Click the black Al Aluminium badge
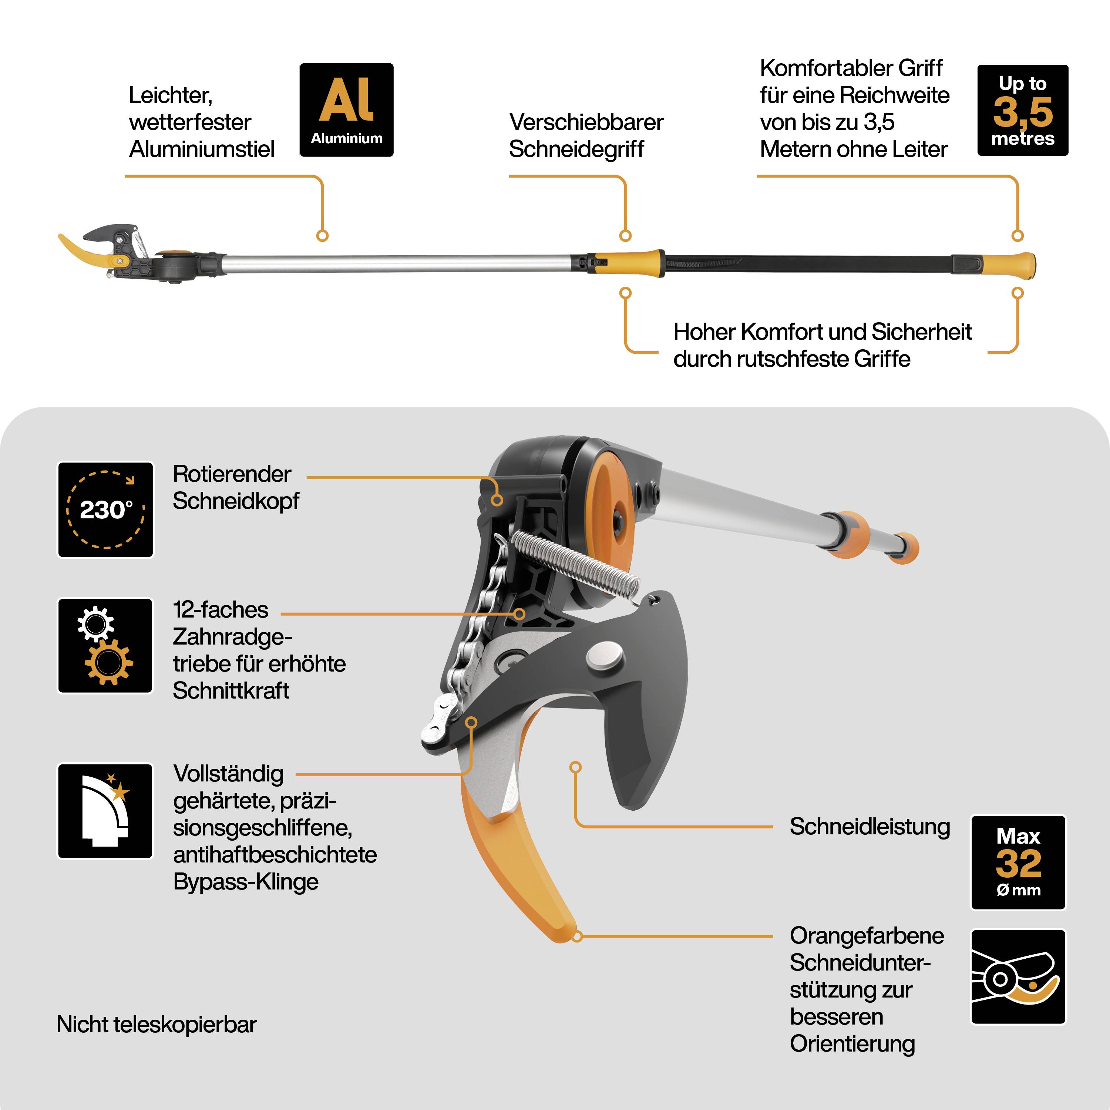pyautogui.click(x=346, y=110)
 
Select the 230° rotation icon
pyautogui.click(x=106, y=509)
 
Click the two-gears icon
pyautogui.click(x=106, y=645)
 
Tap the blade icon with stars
pyautogui.click(x=106, y=811)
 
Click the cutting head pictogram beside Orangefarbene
pyautogui.click(x=1018, y=977)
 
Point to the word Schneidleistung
pyautogui.click(x=869, y=827)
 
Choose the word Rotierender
pyautogui.click(x=232, y=474)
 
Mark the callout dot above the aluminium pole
pyautogui.click(x=322, y=236)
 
